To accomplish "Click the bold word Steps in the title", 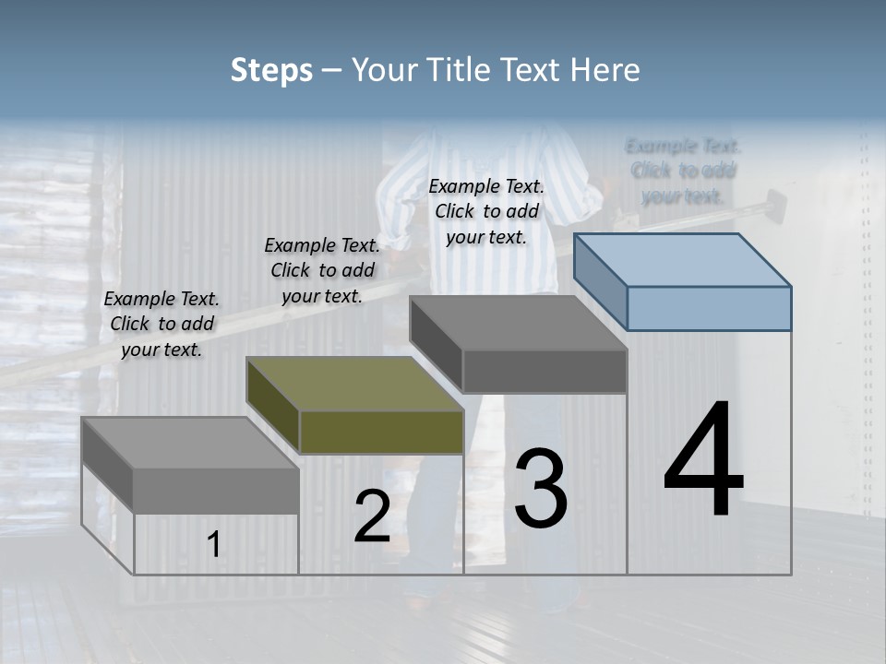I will pos(271,70).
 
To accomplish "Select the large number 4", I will pos(703,461).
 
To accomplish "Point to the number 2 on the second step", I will pos(372,516).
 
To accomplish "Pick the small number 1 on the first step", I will pos(214,545).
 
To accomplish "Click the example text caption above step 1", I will pos(162,325).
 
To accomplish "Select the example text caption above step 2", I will pos(322,270).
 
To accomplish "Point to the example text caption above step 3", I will pos(486,211).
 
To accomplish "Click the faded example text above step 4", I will pos(683,171).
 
